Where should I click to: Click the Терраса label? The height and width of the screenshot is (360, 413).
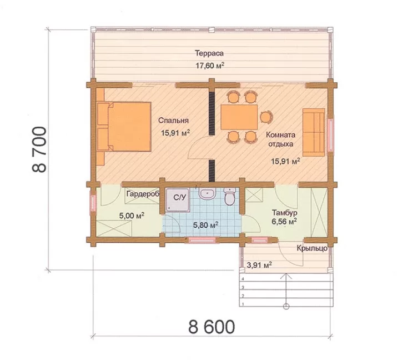(209, 53)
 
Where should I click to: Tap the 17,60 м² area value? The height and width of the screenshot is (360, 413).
(210, 66)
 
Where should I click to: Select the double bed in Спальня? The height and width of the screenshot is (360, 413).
(124, 127)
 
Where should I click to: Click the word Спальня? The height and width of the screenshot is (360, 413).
(173, 121)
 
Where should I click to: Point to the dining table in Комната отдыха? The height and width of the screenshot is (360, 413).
(239, 117)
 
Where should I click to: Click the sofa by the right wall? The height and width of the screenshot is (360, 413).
(314, 132)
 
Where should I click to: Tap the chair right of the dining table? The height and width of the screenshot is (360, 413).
(266, 117)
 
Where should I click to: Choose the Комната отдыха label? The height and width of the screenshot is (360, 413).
(280, 139)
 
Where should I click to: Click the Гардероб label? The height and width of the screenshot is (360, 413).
(143, 194)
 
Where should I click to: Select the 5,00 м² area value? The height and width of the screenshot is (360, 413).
(132, 216)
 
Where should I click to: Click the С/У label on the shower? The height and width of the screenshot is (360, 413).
(180, 197)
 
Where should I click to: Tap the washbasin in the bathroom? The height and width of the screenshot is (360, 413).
(208, 194)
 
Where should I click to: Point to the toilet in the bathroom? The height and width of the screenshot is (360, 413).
(230, 197)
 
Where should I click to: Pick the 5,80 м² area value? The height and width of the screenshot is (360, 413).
(205, 225)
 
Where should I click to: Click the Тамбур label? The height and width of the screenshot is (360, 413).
(285, 212)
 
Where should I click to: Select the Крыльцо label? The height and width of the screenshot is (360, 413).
(312, 248)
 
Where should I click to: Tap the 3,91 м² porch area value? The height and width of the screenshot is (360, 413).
(259, 264)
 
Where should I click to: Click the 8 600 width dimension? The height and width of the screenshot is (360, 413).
(211, 327)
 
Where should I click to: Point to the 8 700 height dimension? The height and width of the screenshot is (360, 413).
(39, 149)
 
